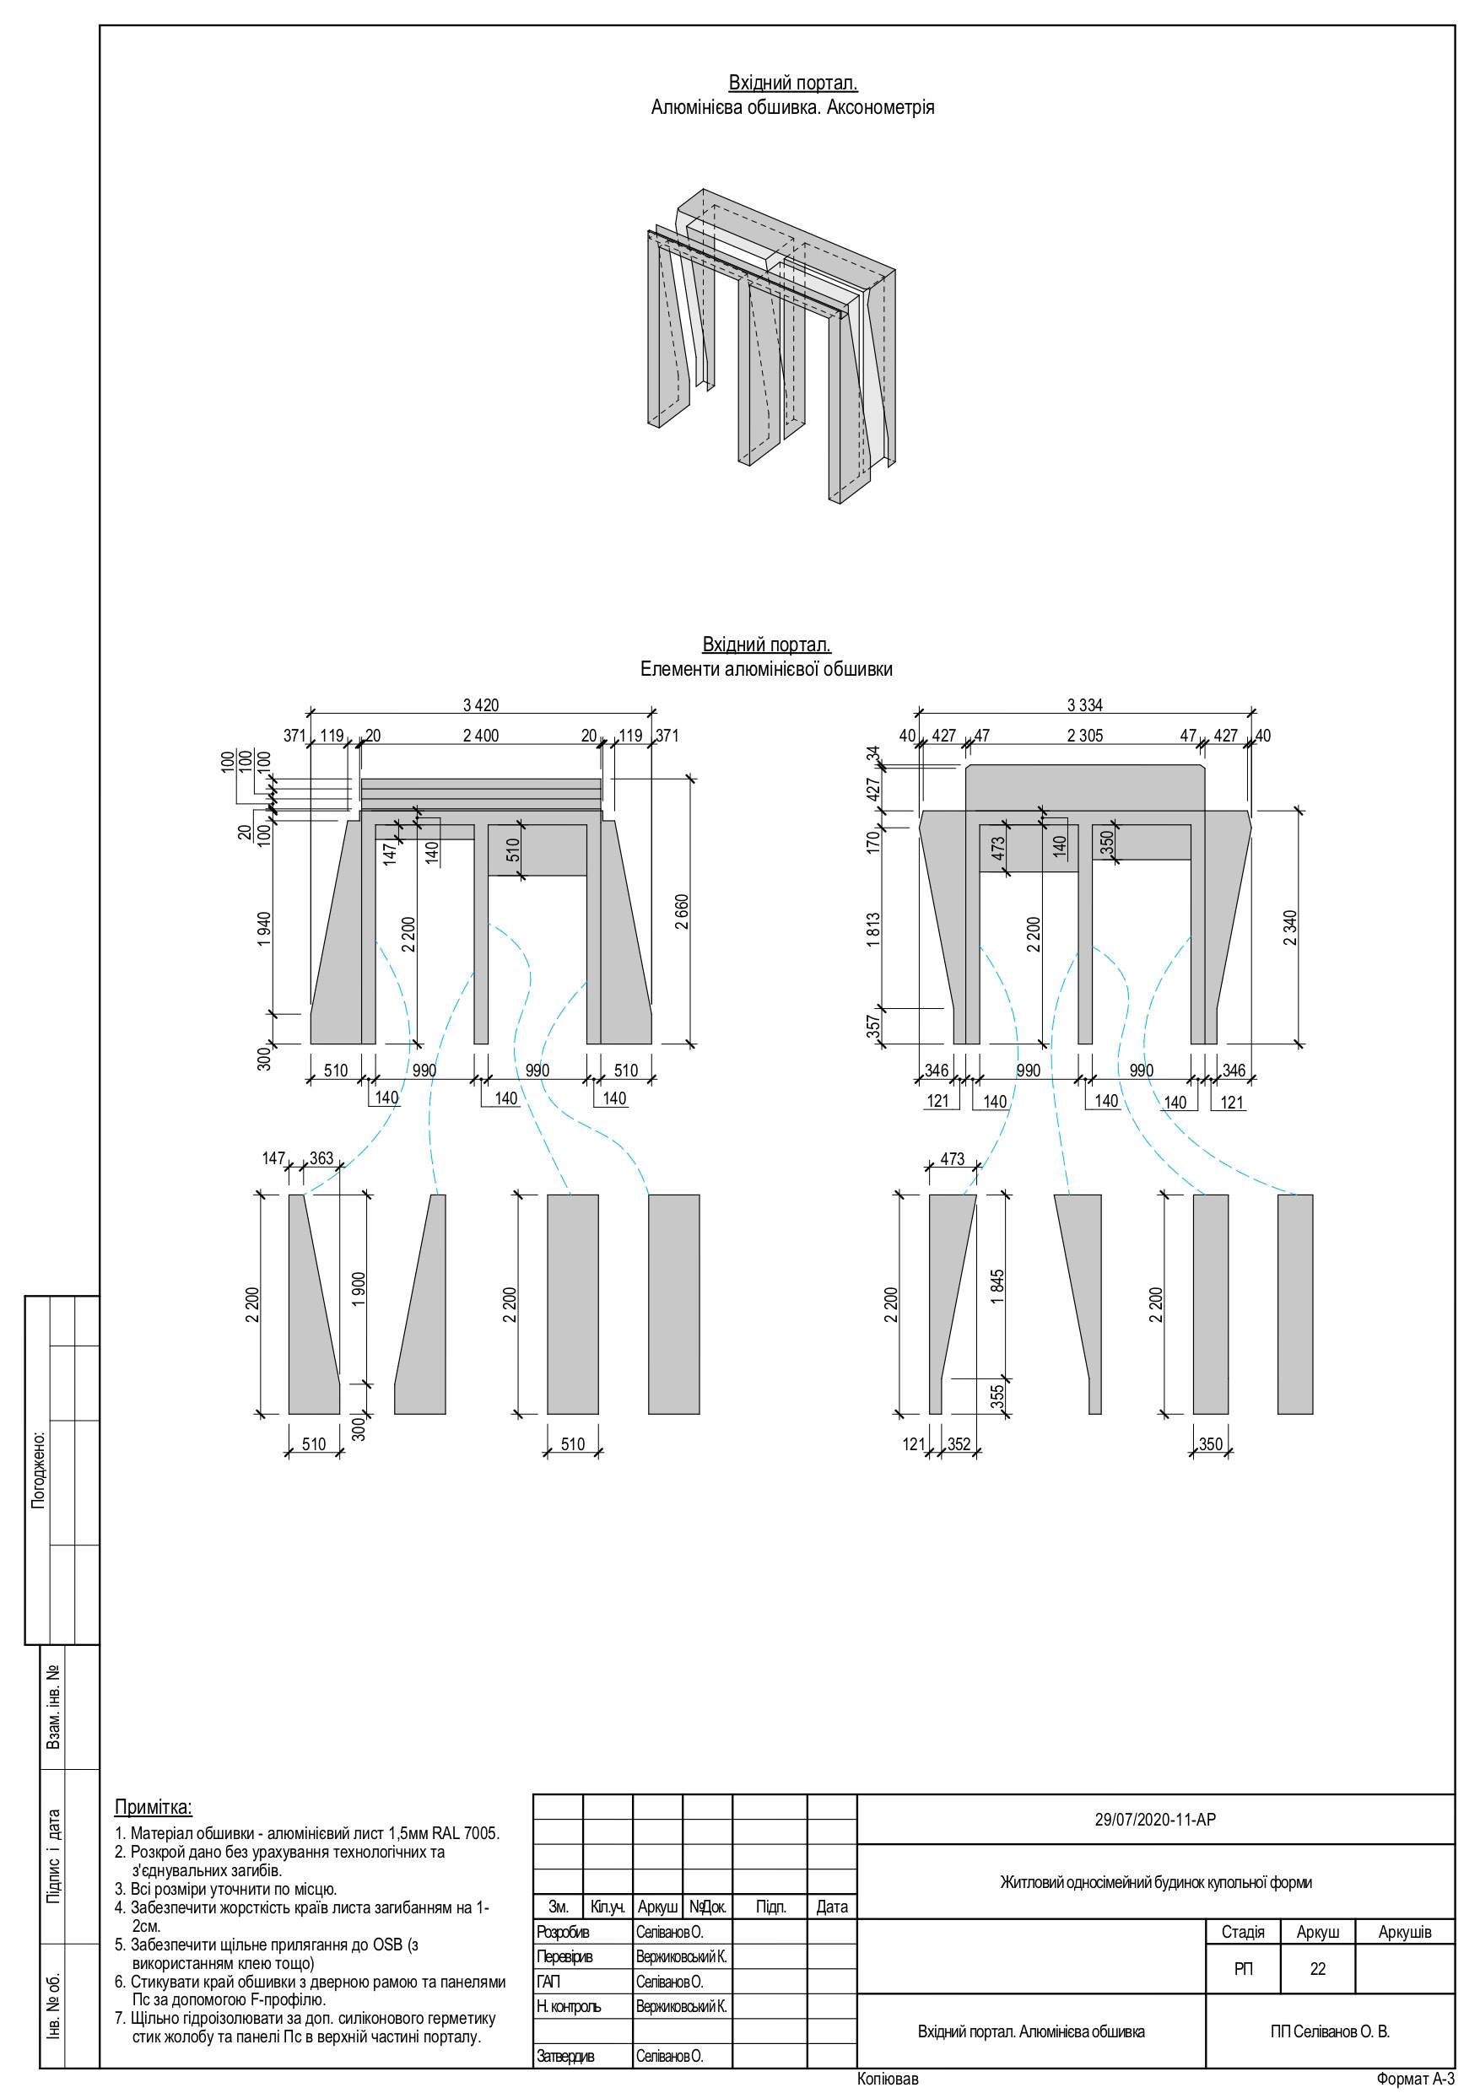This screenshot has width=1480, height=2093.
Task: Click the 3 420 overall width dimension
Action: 481,704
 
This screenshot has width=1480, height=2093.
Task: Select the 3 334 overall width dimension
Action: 1084,704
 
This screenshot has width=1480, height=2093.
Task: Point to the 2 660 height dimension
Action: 682,912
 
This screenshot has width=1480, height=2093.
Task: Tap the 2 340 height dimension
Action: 1289,928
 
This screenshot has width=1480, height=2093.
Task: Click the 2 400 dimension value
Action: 481,736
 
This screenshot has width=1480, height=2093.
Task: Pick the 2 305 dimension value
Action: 1084,736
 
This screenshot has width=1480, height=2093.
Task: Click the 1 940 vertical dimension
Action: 264,929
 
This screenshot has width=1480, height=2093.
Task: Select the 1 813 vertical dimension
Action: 873,930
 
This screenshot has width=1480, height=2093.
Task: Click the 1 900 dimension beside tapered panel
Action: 359,1289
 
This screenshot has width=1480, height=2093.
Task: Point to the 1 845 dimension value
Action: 997,1287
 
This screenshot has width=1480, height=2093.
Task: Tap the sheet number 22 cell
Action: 1317,1969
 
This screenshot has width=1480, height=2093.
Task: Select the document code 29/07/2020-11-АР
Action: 1154,1820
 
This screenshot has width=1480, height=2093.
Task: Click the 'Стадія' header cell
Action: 1242,1932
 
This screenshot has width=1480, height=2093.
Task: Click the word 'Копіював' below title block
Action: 888,2080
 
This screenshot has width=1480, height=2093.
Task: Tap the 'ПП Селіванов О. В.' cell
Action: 1330,2032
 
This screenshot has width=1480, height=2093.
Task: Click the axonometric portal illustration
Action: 770,347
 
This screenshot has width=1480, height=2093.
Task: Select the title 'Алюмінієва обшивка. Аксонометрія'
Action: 792,108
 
